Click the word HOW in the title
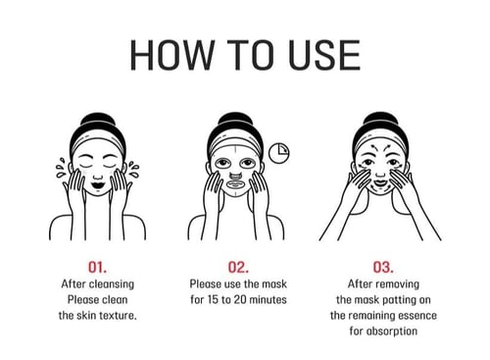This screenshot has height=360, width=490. coord(171,55)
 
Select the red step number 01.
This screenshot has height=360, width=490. coord(97,267)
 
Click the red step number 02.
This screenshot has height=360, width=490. coord(238,267)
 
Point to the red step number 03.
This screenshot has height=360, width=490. coord(383,267)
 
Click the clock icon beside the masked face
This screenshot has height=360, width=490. coord(279,153)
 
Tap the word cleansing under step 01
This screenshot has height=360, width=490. coord(112,284)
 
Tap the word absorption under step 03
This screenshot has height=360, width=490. coord(392,332)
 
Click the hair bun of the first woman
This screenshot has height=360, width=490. coord(98,120)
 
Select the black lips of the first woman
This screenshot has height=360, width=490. coord(98,184)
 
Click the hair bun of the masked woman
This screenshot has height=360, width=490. coord(235,120)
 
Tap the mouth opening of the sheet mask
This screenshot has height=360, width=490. coord(234,184)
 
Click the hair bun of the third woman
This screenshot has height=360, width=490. coord(380,119)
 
